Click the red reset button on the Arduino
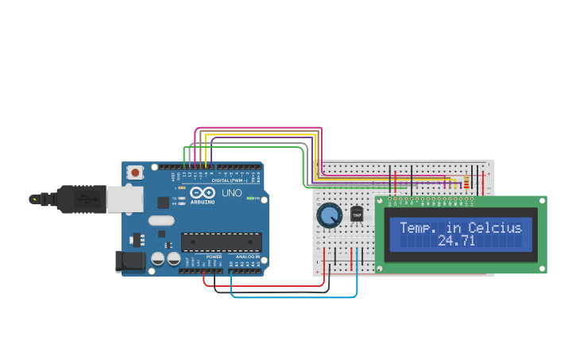tap(136, 172)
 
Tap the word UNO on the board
tap(231, 193)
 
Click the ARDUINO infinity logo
tap(203, 193)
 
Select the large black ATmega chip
tap(221, 242)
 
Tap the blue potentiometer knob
tap(329, 215)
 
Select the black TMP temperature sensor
tap(357, 215)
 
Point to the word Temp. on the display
tap(419, 228)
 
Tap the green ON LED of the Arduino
tap(249, 198)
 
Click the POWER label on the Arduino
tap(215, 257)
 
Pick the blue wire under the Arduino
tap(294, 297)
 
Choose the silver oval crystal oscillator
tap(160, 222)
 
